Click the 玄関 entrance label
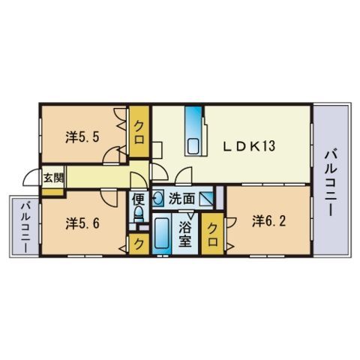[x=52, y=178]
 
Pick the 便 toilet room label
[x=138, y=199]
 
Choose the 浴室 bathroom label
[x=184, y=234]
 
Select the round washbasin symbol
[x=158, y=199]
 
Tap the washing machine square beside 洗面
[x=208, y=199]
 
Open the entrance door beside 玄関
[x=31, y=178]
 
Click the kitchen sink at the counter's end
[x=193, y=146]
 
